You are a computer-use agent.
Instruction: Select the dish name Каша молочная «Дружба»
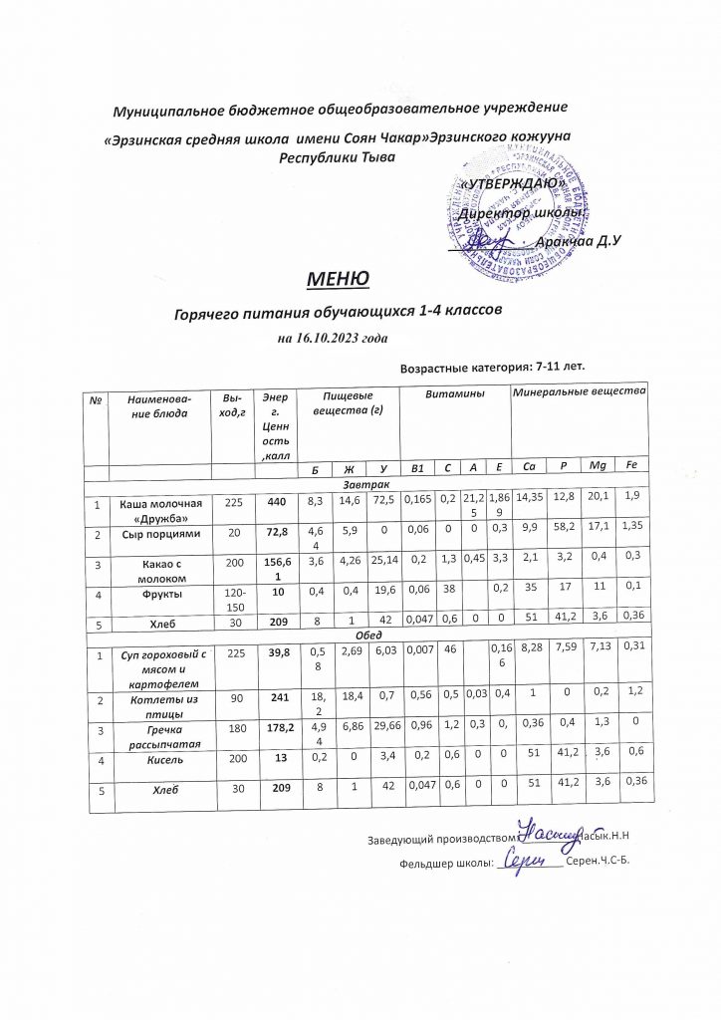click(160, 506)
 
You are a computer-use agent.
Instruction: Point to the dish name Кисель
click(160, 759)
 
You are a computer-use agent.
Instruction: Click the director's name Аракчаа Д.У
click(578, 242)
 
